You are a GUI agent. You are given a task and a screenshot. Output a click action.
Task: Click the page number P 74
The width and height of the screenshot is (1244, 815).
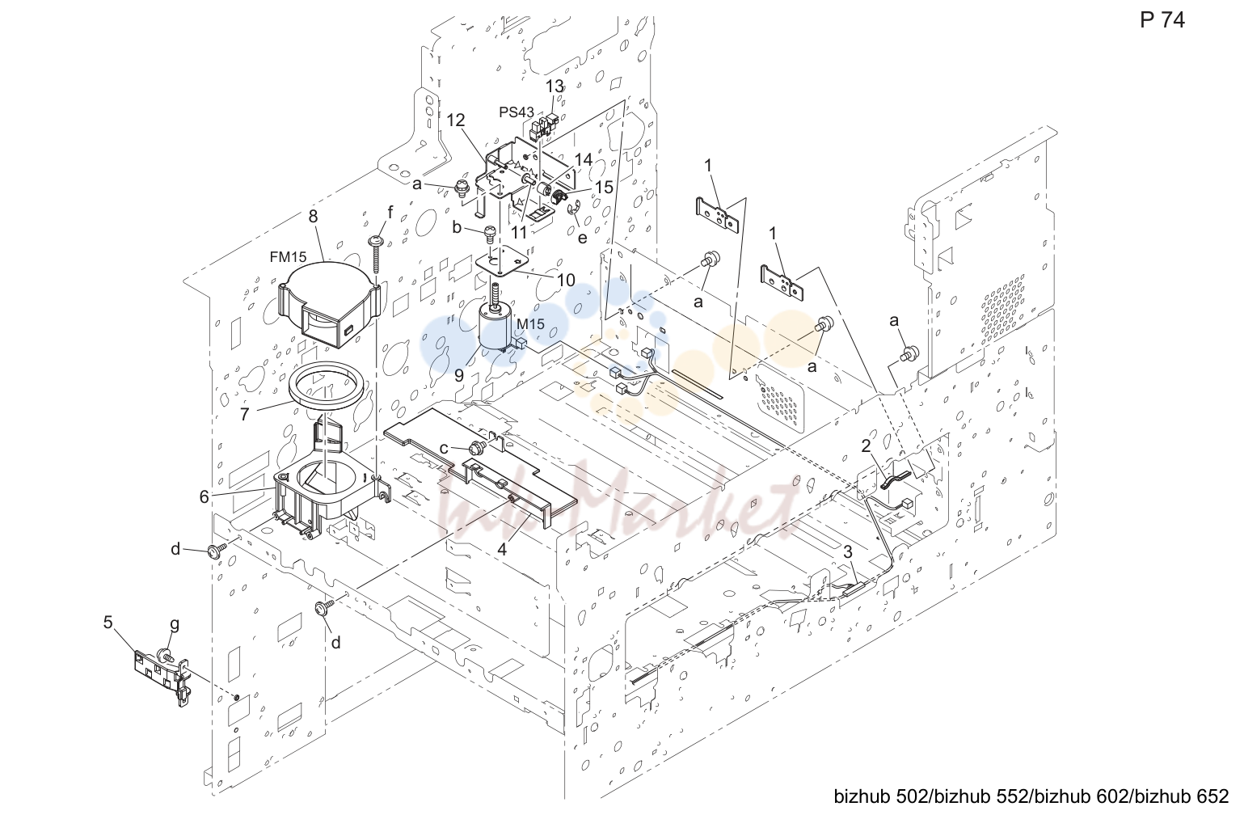point(1162,20)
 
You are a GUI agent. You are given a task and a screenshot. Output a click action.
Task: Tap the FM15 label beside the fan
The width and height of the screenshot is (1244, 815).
point(288,256)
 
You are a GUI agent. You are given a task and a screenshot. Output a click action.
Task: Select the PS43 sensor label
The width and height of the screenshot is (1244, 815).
point(516,112)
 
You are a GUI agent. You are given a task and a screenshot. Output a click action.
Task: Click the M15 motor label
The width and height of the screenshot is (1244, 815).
point(530,323)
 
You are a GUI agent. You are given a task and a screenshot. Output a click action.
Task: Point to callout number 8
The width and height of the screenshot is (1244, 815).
point(313,217)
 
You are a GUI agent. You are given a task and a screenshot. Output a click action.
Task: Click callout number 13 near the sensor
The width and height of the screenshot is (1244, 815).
point(555,87)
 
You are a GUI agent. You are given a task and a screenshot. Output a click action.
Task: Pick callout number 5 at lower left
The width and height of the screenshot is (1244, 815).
point(108,623)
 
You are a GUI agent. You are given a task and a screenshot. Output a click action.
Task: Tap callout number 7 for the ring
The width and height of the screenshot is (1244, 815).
point(244,415)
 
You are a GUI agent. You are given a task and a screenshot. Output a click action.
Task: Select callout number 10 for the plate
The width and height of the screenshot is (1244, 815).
point(565,280)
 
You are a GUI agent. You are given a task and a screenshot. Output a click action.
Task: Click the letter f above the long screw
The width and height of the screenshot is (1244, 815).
point(390,212)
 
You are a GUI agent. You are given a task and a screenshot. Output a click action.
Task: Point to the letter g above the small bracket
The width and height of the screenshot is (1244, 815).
point(175,624)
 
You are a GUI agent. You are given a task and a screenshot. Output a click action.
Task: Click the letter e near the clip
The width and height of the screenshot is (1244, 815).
point(582,238)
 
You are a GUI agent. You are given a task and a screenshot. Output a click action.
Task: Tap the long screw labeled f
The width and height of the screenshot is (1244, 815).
point(375,254)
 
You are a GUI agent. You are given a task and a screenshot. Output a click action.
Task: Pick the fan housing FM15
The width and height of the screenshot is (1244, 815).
point(327,302)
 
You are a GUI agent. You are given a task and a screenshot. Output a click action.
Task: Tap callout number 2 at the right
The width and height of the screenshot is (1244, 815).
point(866,446)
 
